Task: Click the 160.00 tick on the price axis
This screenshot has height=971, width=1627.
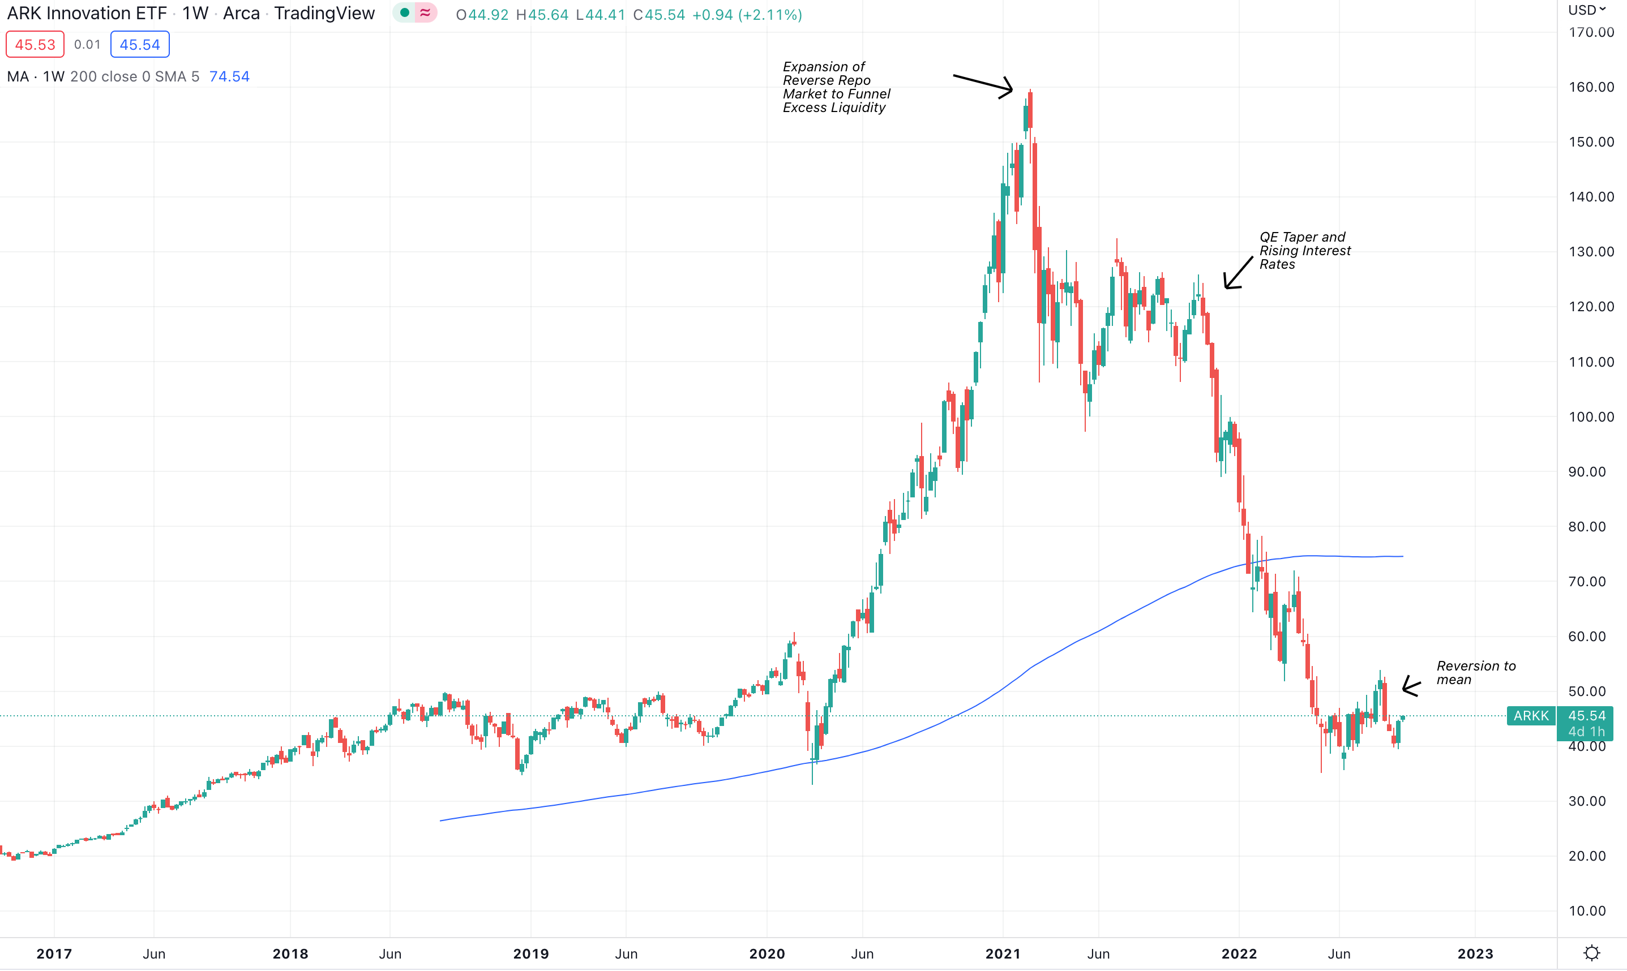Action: coord(1591,87)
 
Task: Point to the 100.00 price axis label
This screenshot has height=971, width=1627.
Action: coord(1591,417)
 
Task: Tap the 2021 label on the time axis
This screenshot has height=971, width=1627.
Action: coord(1003,953)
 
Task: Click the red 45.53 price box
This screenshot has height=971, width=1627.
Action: coord(35,45)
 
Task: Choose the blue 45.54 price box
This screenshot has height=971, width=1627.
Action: coord(139,45)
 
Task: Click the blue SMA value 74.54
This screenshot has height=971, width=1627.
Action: coord(229,76)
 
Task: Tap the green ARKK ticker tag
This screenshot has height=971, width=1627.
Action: coord(1531,716)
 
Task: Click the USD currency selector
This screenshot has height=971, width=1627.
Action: coord(1586,10)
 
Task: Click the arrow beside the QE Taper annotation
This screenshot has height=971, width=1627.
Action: coord(1238,272)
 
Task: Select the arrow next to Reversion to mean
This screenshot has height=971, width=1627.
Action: coord(1411,686)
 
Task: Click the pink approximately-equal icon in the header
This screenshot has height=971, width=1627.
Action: coord(425,13)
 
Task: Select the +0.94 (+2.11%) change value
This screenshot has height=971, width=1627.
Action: coord(747,14)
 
